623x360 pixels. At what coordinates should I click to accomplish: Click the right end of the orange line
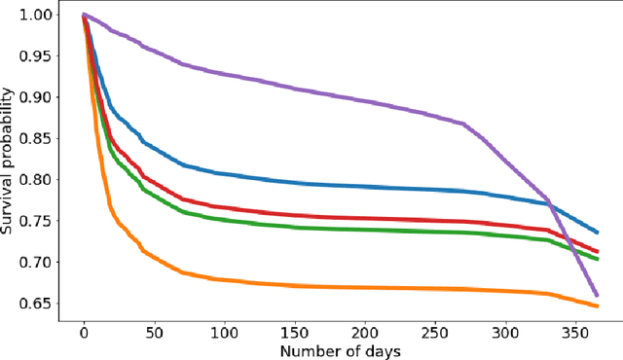[x=597, y=306]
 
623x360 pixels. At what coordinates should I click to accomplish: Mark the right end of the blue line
[x=597, y=233]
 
